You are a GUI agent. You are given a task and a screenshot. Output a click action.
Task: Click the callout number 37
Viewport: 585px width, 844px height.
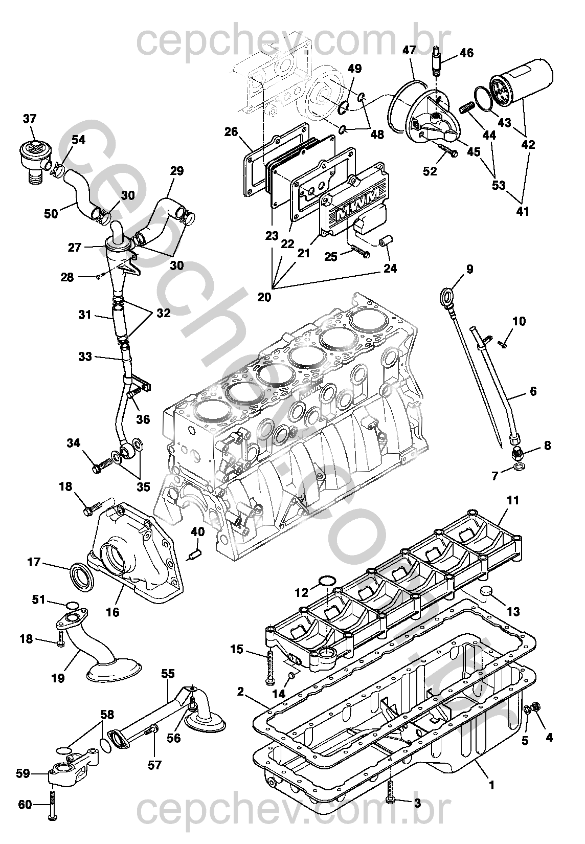[x=30, y=119]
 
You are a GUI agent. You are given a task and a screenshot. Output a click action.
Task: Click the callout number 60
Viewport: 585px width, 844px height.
[x=25, y=805]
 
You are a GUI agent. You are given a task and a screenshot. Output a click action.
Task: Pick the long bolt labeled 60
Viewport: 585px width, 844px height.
[x=53, y=805]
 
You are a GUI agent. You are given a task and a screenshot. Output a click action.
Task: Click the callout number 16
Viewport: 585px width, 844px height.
[x=112, y=612]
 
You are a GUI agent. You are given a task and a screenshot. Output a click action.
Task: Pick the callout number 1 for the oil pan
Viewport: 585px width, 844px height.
[x=491, y=785]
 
